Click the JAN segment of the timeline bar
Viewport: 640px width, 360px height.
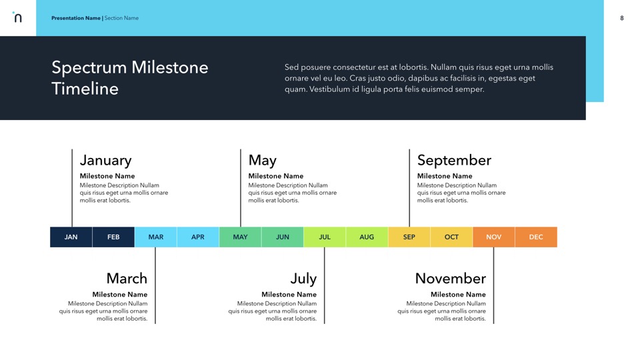click(x=71, y=237)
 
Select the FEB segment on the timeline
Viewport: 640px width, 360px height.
click(x=113, y=237)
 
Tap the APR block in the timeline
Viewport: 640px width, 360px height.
click(x=198, y=237)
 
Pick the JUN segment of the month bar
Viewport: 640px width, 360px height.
click(x=283, y=237)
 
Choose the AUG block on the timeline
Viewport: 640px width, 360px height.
click(x=367, y=237)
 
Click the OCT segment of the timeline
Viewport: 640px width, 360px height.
click(x=451, y=237)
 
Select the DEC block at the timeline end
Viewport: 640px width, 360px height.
click(x=536, y=237)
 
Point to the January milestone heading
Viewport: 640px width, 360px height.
click(x=106, y=161)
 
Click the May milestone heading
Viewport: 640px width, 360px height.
click(x=263, y=161)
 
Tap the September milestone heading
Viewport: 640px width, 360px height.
click(x=454, y=161)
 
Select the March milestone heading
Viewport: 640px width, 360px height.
click(x=127, y=279)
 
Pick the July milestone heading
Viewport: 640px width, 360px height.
click(x=304, y=279)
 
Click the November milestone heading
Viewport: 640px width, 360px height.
click(x=451, y=279)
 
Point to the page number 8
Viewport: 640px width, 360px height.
click(x=621, y=18)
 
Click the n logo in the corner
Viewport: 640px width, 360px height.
click(x=17, y=17)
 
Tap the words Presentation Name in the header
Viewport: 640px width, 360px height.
click(x=76, y=18)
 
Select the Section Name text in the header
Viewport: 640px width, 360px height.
click(x=121, y=18)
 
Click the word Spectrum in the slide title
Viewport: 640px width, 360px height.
click(x=89, y=68)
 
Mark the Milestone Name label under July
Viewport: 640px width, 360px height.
click(x=289, y=294)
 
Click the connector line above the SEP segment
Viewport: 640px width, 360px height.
click(x=409, y=188)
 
